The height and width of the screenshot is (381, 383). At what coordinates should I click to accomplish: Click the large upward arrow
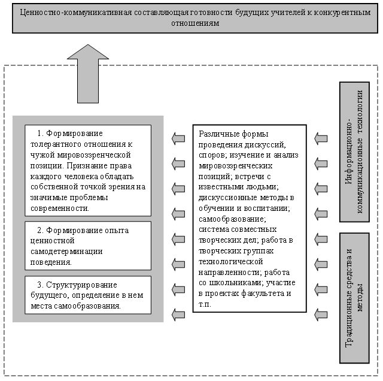[88, 76]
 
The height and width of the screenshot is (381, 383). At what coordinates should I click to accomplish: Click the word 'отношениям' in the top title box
[195, 23]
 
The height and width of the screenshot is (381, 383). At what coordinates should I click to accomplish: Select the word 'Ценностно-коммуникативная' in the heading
[76, 12]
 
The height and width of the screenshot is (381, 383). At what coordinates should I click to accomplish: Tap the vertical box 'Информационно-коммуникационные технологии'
[354, 152]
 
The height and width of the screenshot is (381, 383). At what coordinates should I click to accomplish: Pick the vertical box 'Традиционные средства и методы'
[354, 298]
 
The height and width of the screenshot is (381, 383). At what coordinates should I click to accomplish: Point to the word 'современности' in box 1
[60, 208]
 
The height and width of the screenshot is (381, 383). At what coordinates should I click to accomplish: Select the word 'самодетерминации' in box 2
[66, 252]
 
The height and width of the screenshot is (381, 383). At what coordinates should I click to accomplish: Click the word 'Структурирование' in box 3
[81, 285]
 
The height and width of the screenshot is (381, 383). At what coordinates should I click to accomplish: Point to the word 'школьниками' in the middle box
[236, 283]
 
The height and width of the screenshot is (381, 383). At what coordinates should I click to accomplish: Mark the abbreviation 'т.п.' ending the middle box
[205, 304]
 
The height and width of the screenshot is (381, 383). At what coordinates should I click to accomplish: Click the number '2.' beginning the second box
[40, 231]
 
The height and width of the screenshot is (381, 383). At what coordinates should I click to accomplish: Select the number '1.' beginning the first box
[40, 134]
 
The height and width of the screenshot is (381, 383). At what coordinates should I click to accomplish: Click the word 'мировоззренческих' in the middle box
[235, 166]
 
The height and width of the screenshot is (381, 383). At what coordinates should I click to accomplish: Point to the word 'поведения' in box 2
[51, 262]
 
